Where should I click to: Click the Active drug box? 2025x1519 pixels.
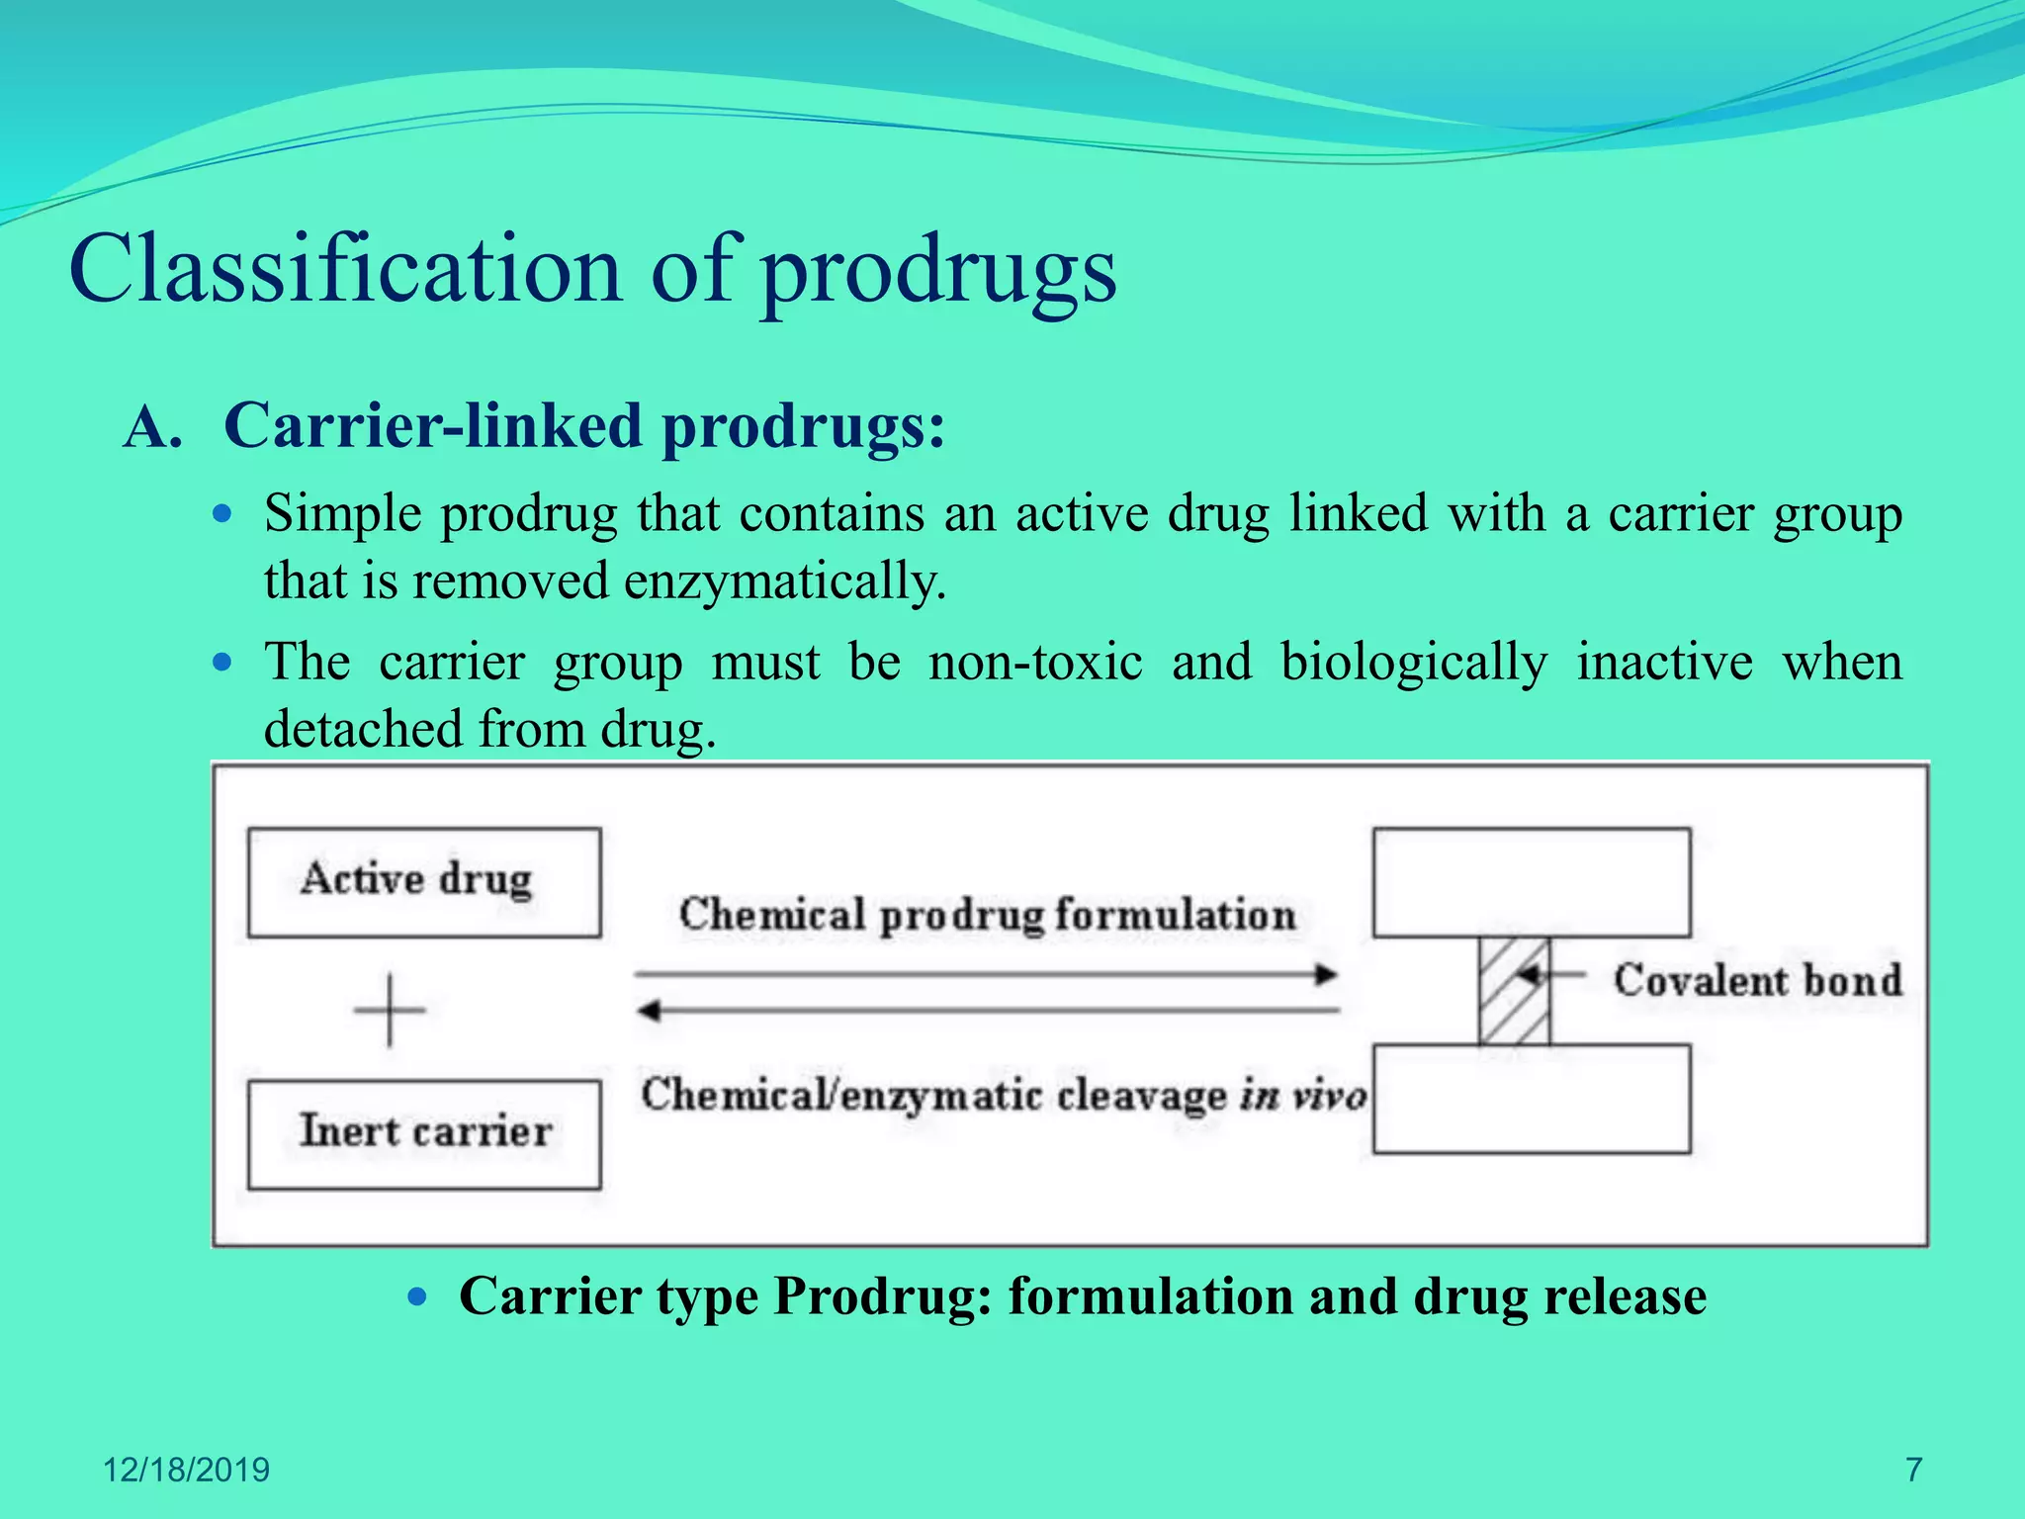[x=424, y=882]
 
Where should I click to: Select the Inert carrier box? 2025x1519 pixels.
[x=424, y=1134]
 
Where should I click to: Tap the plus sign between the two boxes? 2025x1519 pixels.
[x=390, y=1010]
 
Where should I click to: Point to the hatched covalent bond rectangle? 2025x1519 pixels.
[x=1514, y=991]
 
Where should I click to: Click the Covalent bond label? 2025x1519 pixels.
[x=1757, y=980]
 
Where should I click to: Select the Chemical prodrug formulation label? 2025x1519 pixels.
[x=987, y=915]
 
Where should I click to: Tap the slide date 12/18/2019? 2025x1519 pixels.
[x=186, y=1470]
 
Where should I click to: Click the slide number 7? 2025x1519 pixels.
[x=1913, y=1470]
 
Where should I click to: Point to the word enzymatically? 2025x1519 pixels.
[x=785, y=581]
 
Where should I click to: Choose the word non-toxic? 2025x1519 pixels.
[x=1035, y=662]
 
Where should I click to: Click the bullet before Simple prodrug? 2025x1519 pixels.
[x=222, y=514]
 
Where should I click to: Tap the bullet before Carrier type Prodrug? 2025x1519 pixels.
[x=417, y=1296]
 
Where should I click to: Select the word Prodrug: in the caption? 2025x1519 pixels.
[x=882, y=1296]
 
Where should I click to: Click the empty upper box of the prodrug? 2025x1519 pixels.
[x=1532, y=882]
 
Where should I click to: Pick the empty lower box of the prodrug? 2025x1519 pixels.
[x=1532, y=1099]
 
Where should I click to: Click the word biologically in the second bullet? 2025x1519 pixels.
[x=1414, y=662]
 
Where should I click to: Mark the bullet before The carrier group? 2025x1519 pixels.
[x=222, y=662]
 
